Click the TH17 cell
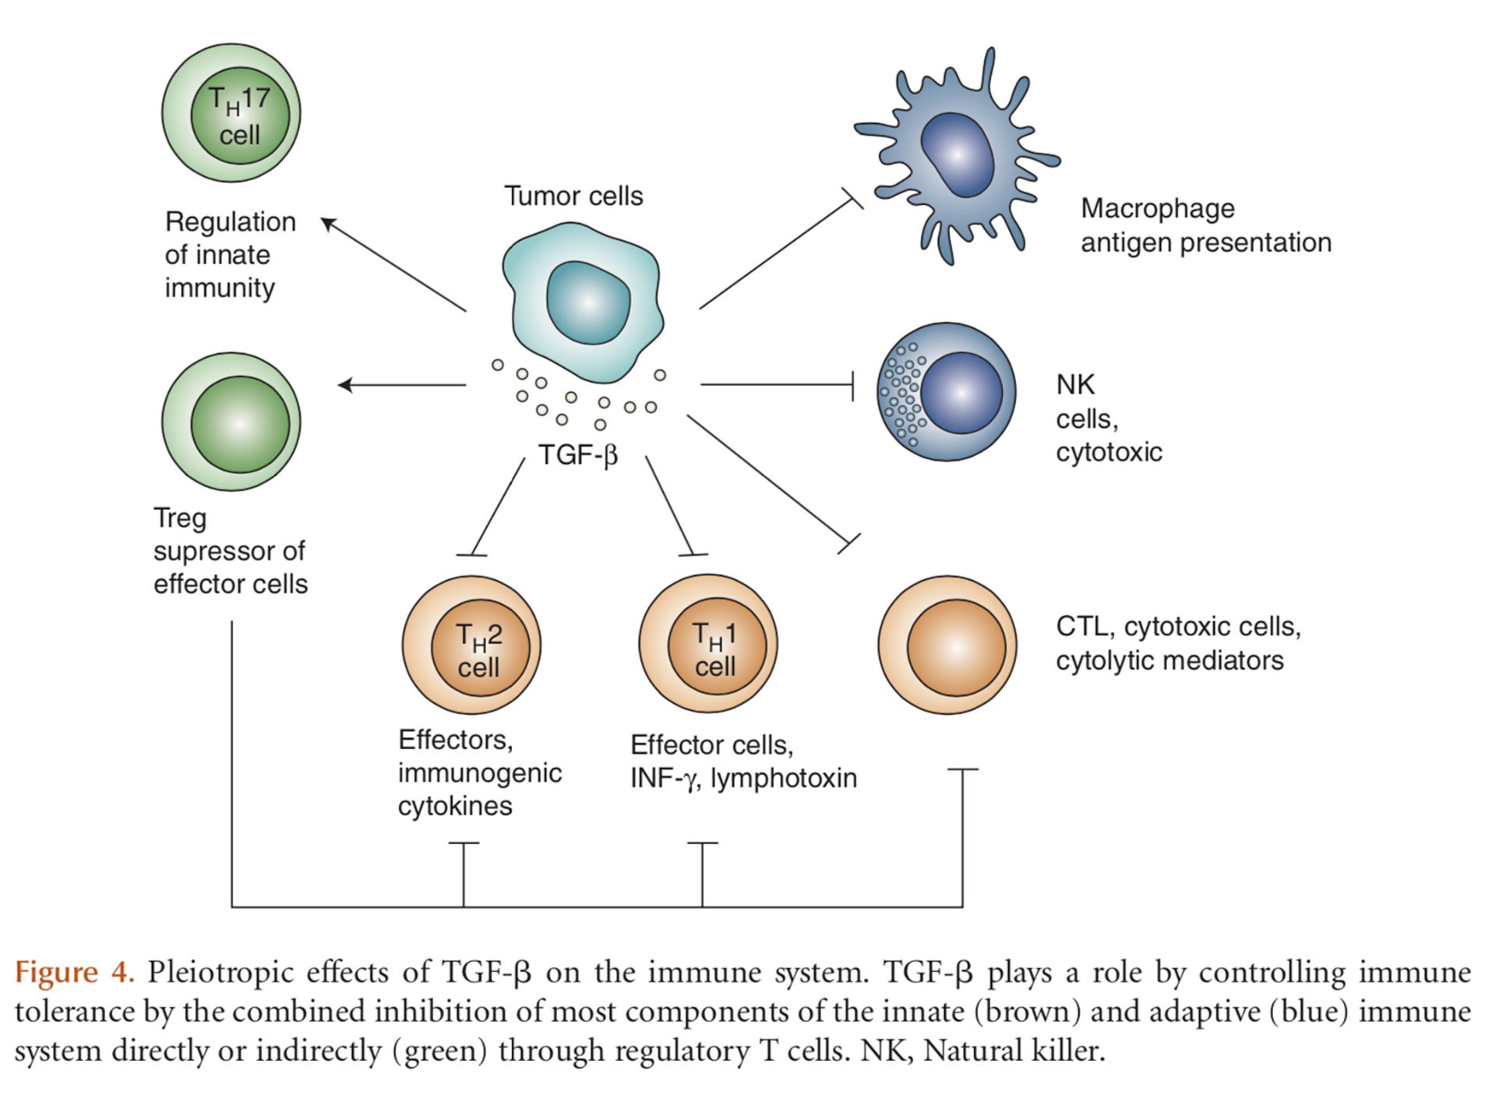pos(231,114)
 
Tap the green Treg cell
pos(231,422)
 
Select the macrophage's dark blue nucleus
pos(958,154)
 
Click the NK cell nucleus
pos(961,392)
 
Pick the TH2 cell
pos(472,645)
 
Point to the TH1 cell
pos(708,645)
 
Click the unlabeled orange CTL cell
pos(947,645)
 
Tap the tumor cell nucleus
pos(588,302)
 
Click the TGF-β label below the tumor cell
pos(577,454)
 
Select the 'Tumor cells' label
pos(573,196)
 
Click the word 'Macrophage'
pos(1157,209)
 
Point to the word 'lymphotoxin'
pos(783,778)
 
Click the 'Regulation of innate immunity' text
pos(229,255)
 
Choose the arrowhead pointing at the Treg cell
pos(345,384)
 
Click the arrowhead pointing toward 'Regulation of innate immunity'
pos(329,225)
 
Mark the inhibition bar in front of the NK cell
pos(852,385)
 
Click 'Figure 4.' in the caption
pos(75,973)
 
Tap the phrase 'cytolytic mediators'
pos(1170,660)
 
